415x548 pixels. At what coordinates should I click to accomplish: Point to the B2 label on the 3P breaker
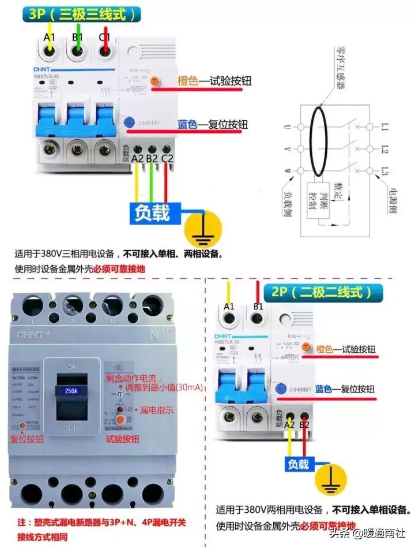pyautogui.click(x=152, y=158)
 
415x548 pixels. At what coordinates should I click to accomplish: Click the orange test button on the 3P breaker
pyautogui.click(x=154, y=82)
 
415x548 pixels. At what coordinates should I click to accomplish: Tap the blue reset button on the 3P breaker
pyautogui.click(x=130, y=123)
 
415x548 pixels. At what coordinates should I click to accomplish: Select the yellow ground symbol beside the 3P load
pyautogui.click(x=202, y=229)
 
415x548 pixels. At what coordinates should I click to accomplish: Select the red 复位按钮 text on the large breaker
pyautogui.click(x=27, y=439)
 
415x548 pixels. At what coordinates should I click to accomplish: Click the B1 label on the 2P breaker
pyautogui.click(x=258, y=306)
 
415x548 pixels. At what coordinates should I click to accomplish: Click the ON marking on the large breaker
pyautogui.click(x=73, y=366)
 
